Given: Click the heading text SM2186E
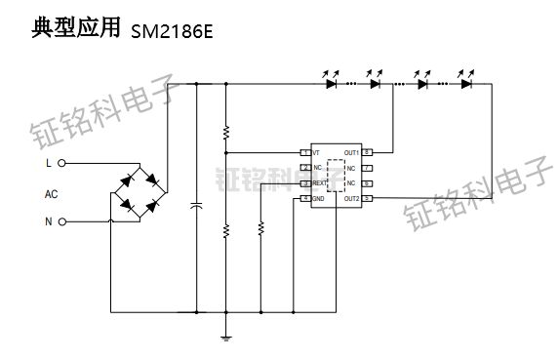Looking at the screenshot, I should (x=171, y=30).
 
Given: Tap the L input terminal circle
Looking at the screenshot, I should (x=62, y=164).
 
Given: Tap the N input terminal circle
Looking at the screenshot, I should (x=62, y=221).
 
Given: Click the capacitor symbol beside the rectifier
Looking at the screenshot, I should (x=197, y=206).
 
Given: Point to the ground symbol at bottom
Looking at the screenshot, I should (x=226, y=337).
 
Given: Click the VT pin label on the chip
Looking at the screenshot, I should (x=316, y=152).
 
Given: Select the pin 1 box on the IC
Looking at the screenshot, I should (x=304, y=152).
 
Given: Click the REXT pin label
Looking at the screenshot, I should (x=320, y=183).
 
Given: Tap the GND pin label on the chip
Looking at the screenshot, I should (x=318, y=199).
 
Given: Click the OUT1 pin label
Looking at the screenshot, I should (x=351, y=152).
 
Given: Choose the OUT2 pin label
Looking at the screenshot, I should (x=351, y=199).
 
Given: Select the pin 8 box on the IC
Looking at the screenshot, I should (x=368, y=152).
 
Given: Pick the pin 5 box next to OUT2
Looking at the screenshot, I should (x=368, y=199).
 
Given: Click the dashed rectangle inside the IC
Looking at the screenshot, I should (x=337, y=176).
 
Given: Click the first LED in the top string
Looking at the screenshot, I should (x=331, y=84).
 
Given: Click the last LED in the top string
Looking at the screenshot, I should (x=467, y=84).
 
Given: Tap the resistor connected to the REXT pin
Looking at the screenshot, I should (x=260, y=229).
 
